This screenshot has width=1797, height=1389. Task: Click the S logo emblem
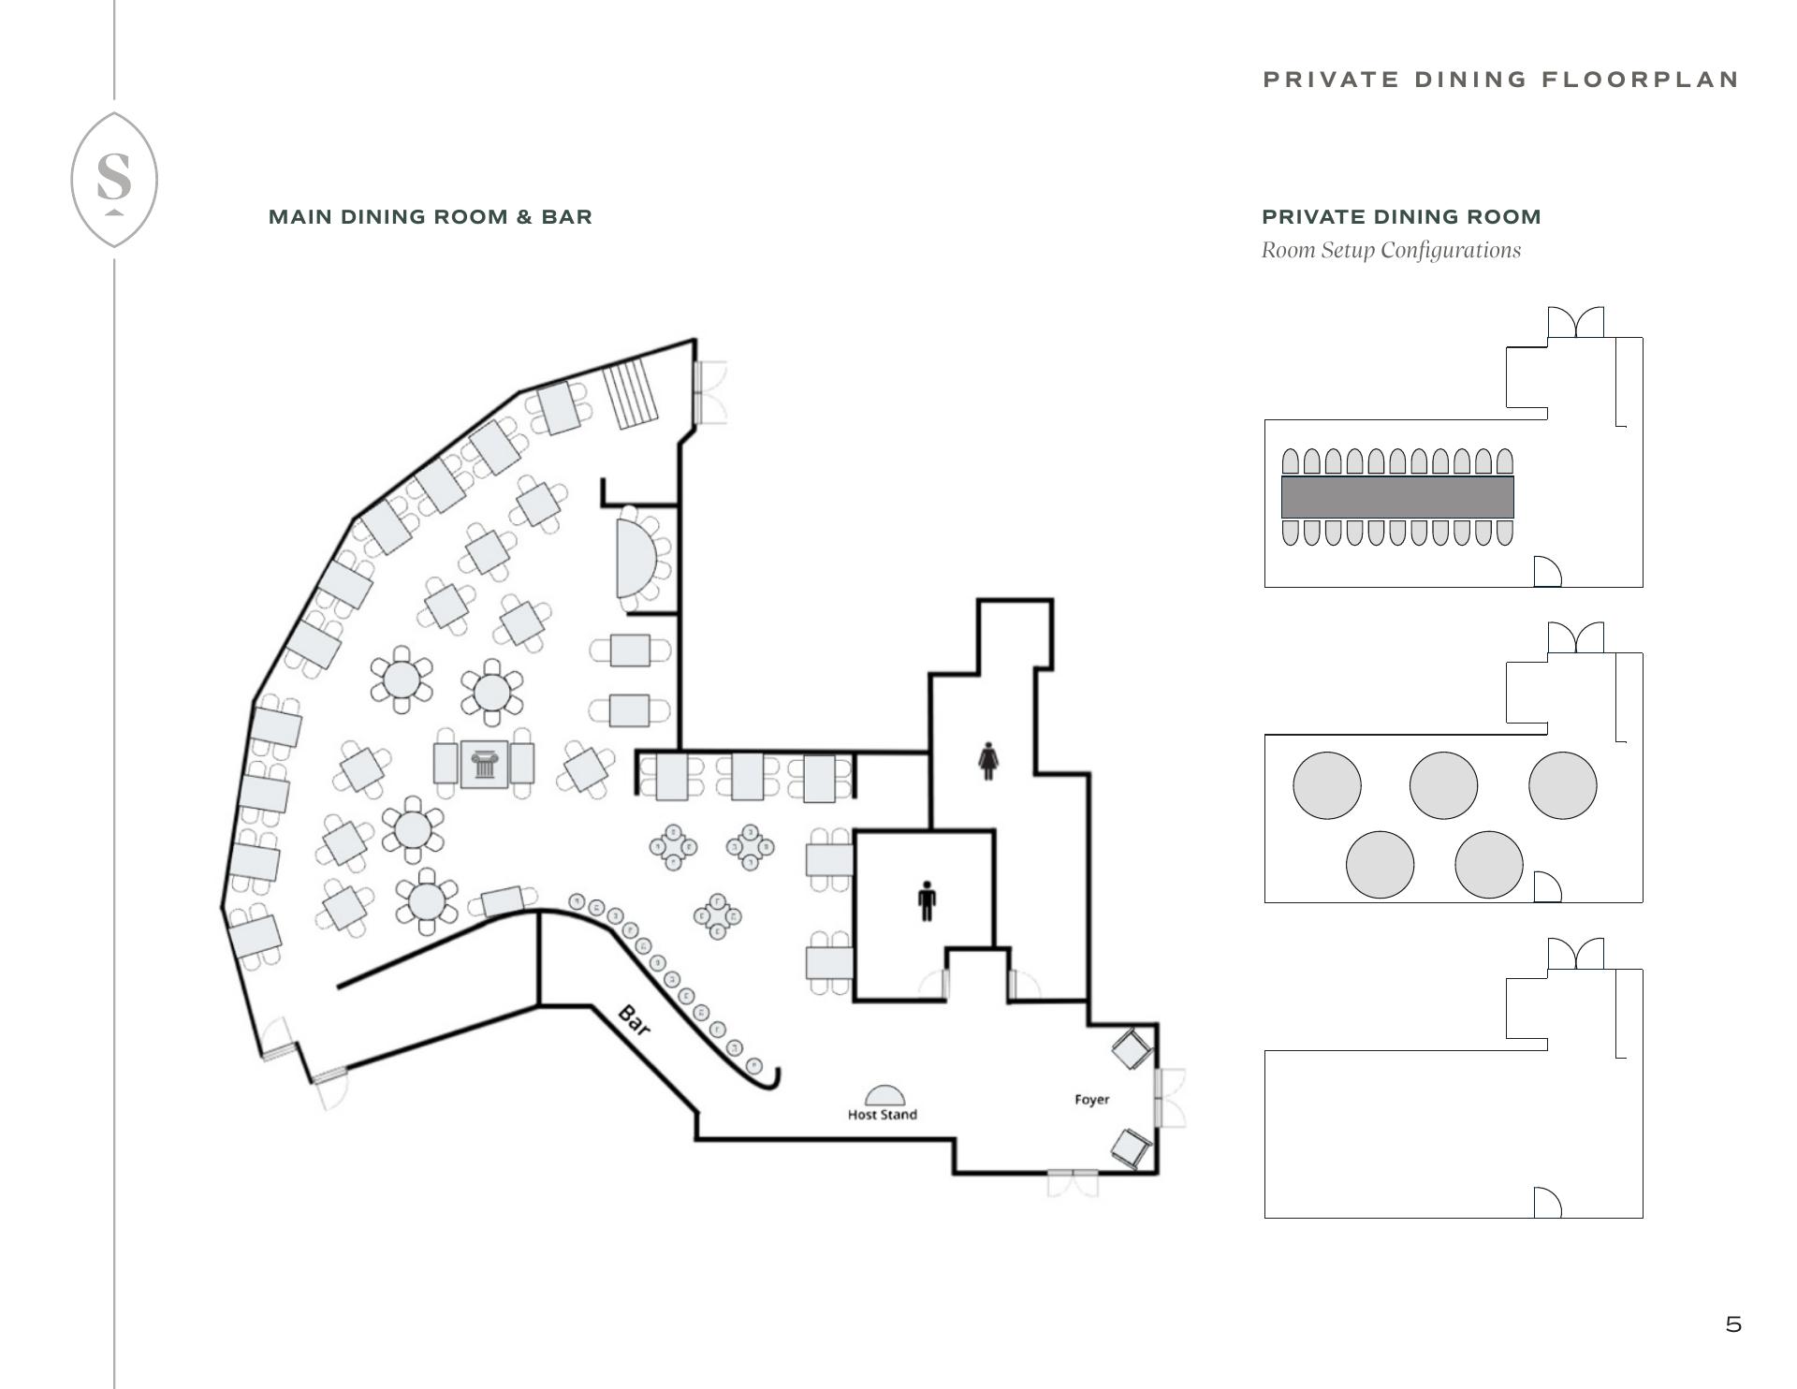(x=114, y=180)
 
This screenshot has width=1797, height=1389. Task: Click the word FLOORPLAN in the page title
(x=1640, y=80)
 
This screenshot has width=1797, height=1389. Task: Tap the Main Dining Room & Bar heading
(x=431, y=217)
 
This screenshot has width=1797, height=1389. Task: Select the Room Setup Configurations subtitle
(x=1391, y=250)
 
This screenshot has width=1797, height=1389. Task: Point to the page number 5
(x=1733, y=1324)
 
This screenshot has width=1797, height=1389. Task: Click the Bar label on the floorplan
(x=635, y=1020)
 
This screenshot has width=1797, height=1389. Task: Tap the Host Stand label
(x=882, y=1115)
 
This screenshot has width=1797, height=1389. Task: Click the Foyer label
(x=1092, y=1100)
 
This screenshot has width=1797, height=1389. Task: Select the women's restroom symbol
(x=987, y=761)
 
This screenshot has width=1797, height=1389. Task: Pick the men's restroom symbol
(x=927, y=900)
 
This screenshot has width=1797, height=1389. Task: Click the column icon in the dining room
(x=484, y=765)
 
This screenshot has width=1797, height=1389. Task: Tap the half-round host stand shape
(x=884, y=1096)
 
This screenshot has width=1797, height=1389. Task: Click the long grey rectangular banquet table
(x=1397, y=497)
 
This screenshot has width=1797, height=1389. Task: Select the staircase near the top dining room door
(x=631, y=394)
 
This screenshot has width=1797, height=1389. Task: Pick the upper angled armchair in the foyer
(x=1132, y=1048)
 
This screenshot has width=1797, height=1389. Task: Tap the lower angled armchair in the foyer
(x=1132, y=1148)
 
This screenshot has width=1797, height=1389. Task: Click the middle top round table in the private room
(x=1443, y=785)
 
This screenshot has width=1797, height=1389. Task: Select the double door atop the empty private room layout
(x=1576, y=954)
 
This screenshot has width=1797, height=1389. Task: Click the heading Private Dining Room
(x=1401, y=217)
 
